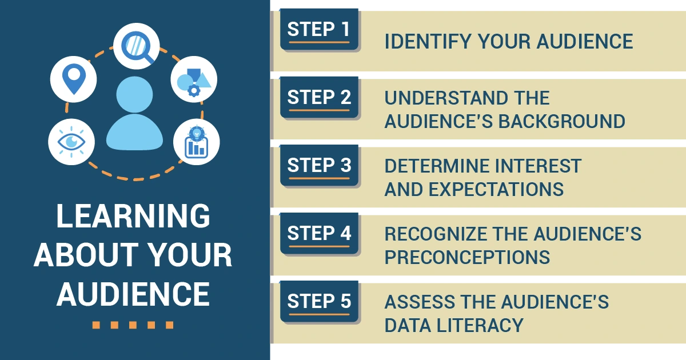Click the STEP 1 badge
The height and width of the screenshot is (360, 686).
(319, 29)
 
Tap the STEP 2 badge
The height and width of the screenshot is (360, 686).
(319, 97)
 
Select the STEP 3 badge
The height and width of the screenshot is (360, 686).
(319, 165)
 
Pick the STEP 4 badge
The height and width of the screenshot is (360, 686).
(319, 233)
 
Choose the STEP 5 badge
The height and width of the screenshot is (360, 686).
(319, 301)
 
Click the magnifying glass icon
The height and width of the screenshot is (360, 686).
(137, 46)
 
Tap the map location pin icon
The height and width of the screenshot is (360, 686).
(74, 79)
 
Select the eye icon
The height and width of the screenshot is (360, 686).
(71, 142)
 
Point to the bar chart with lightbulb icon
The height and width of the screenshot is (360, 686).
(197, 142)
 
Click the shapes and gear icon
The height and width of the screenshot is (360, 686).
(194, 79)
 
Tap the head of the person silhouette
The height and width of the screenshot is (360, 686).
(134, 94)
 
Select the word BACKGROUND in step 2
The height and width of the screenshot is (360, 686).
(562, 121)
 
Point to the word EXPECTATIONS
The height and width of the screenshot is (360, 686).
(496, 189)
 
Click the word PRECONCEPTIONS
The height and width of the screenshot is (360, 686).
(468, 257)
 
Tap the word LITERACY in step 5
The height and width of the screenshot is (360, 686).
(480, 325)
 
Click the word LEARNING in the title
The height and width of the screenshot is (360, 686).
(133, 216)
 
